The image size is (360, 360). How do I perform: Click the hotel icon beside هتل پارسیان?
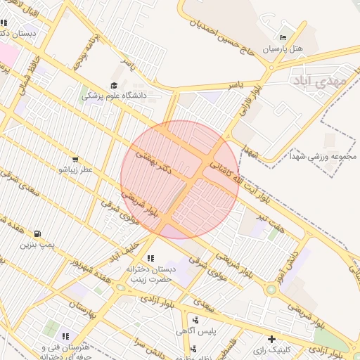pyautogui.click(x=283, y=37)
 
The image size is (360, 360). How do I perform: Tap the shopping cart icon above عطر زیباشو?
pyautogui.click(x=75, y=159)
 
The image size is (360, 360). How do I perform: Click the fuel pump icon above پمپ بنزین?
pyautogui.click(x=37, y=233)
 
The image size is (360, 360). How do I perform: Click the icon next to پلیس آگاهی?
pyautogui.click(x=194, y=319)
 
